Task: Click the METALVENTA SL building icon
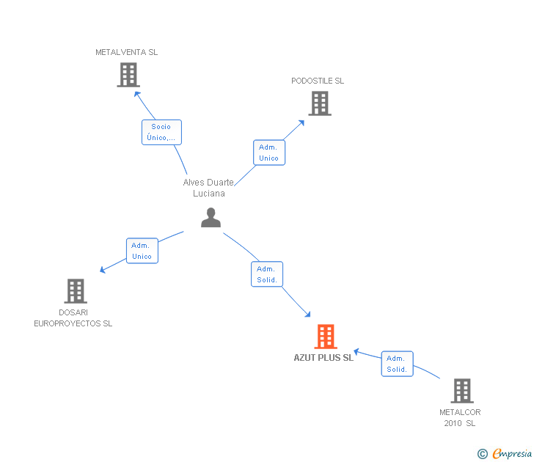(x=128, y=75)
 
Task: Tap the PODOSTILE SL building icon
(x=320, y=103)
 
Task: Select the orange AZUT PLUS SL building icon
(x=326, y=337)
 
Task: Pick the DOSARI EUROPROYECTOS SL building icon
(x=76, y=291)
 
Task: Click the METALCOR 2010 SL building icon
(x=461, y=391)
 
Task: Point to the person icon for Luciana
(x=211, y=218)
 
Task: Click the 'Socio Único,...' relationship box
(x=161, y=132)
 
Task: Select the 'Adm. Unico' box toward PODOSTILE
(x=268, y=153)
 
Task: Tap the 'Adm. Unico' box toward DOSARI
(x=142, y=251)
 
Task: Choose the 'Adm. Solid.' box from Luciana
(x=267, y=274)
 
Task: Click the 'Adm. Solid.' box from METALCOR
(x=397, y=364)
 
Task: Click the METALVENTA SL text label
(x=126, y=52)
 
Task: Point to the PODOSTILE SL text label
(x=318, y=81)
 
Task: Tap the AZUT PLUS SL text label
(x=323, y=358)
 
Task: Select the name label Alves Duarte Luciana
(x=209, y=188)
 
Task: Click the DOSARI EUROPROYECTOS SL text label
(x=73, y=318)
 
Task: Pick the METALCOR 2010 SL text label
(x=460, y=417)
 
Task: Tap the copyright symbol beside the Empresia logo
(x=482, y=454)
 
